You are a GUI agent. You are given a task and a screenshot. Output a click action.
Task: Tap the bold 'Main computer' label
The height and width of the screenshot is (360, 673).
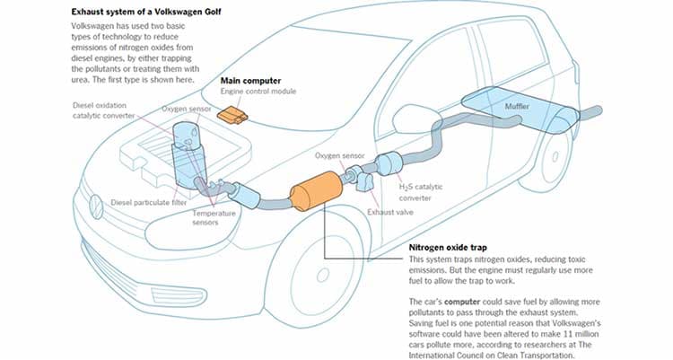[x=249, y=81]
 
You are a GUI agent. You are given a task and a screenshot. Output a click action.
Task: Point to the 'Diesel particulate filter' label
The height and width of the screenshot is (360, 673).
[x=147, y=202]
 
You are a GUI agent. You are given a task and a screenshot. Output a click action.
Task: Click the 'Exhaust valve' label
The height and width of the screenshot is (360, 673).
[x=391, y=213]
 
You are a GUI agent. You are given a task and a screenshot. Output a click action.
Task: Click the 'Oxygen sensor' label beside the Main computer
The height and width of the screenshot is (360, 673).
[x=186, y=110]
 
